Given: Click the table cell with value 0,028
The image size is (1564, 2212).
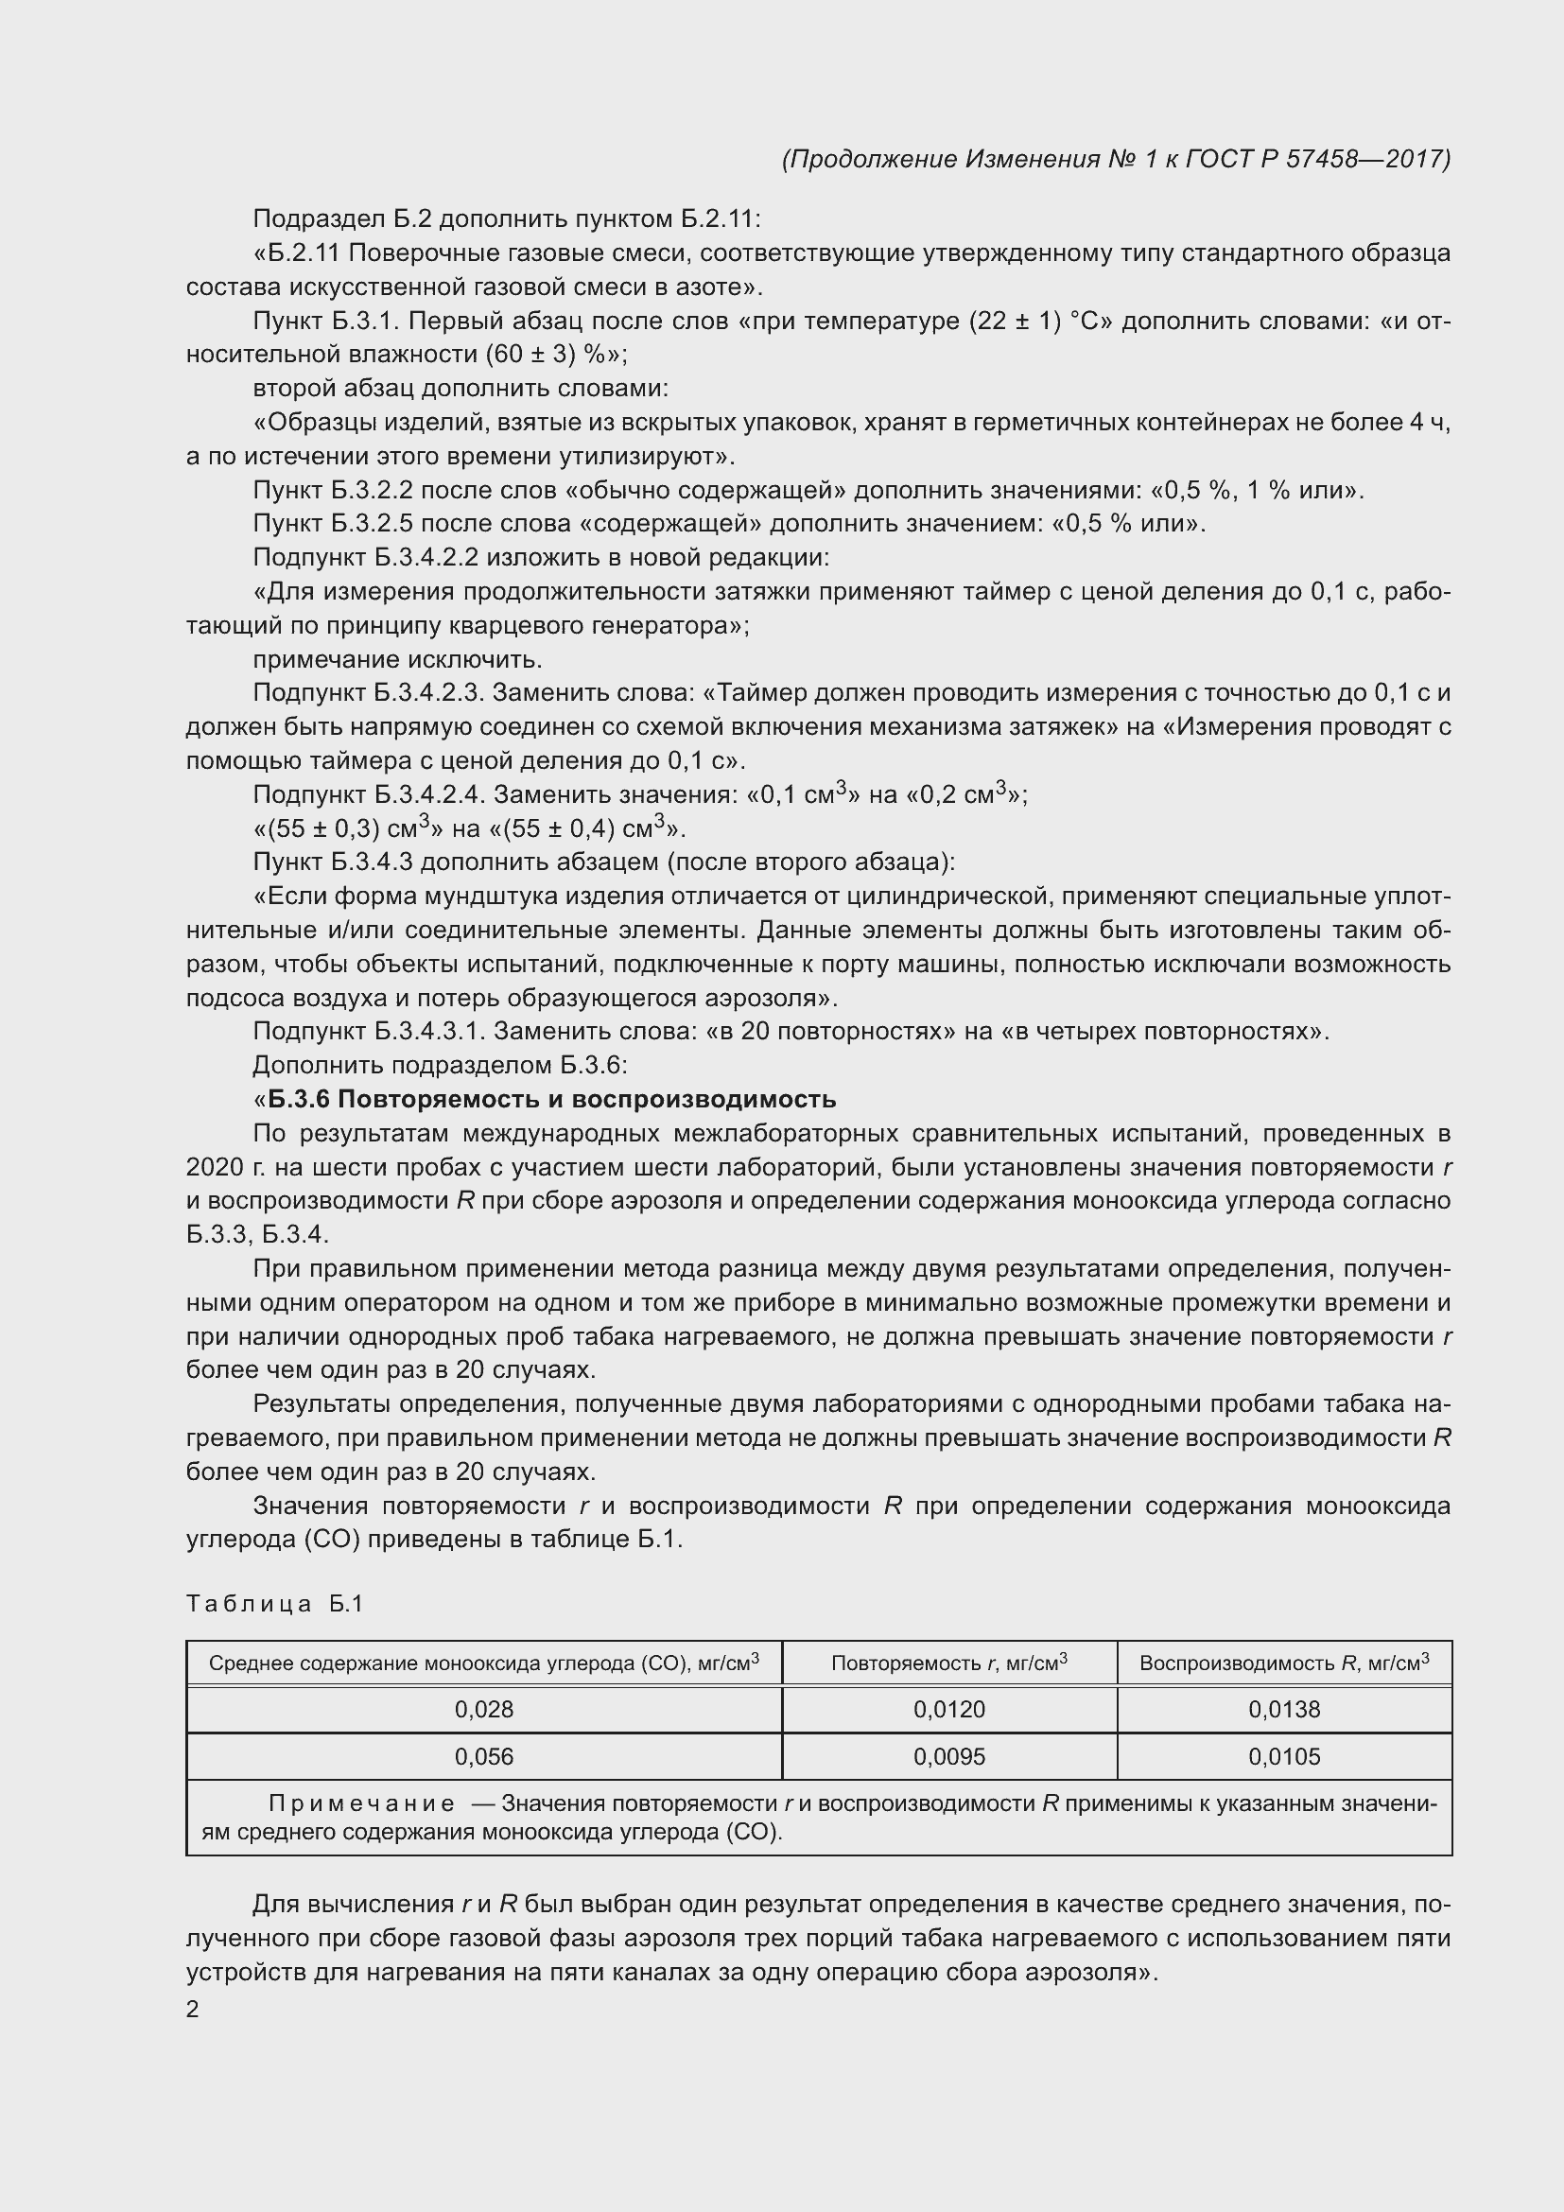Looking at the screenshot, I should click(483, 1709).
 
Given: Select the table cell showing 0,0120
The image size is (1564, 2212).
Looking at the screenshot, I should click(948, 1709).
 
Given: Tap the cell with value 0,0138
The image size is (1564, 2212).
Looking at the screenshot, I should click(1284, 1709).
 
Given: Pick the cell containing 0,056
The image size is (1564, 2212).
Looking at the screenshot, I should click(483, 1756).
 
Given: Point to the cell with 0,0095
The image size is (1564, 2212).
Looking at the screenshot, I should click(948, 1756).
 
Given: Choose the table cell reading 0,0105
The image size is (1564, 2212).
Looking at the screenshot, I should click(1284, 1756).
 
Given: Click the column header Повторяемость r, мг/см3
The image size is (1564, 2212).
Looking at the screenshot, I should click(948, 1662).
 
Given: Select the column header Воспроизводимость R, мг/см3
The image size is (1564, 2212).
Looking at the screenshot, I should click(1284, 1662).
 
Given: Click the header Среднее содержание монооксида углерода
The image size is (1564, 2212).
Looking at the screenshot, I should click(483, 1662).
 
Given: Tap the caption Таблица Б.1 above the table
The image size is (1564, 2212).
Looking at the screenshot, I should click(274, 1604).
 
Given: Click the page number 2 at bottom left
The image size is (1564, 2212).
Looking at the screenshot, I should click(193, 2010).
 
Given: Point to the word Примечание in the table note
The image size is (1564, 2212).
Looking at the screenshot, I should click(361, 1803).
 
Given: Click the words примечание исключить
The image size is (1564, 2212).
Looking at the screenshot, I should click(397, 660).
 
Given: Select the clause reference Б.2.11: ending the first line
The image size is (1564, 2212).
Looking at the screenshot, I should click(721, 219).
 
